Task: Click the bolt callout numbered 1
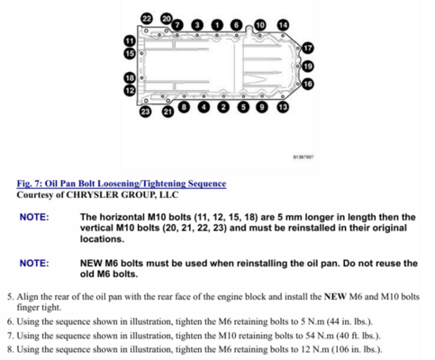pyautogui.click(x=217, y=25)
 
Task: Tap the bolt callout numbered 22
pyautogui.click(x=147, y=19)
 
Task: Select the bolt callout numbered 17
pyautogui.click(x=308, y=48)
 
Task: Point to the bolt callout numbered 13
pyautogui.click(x=283, y=107)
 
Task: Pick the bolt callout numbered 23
pyautogui.click(x=146, y=112)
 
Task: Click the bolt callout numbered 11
pyautogui.click(x=130, y=41)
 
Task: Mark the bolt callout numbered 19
pyautogui.click(x=308, y=66)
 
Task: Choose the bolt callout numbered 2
pyautogui.click(x=223, y=107)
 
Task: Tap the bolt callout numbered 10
pyautogui.click(x=260, y=25)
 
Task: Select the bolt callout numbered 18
pyautogui.click(x=130, y=78)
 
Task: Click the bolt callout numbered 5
pyautogui.click(x=243, y=107)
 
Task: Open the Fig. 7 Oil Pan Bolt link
pyautogui.click(x=122, y=184)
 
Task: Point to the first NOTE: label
pyautogui.click(x=34, y=217)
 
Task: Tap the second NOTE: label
pyautogui.click(x=34, y=263)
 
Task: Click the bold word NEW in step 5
pyautogui.click(x=335, y=296)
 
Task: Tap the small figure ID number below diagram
pyautogui.click(x=304, y=157)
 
